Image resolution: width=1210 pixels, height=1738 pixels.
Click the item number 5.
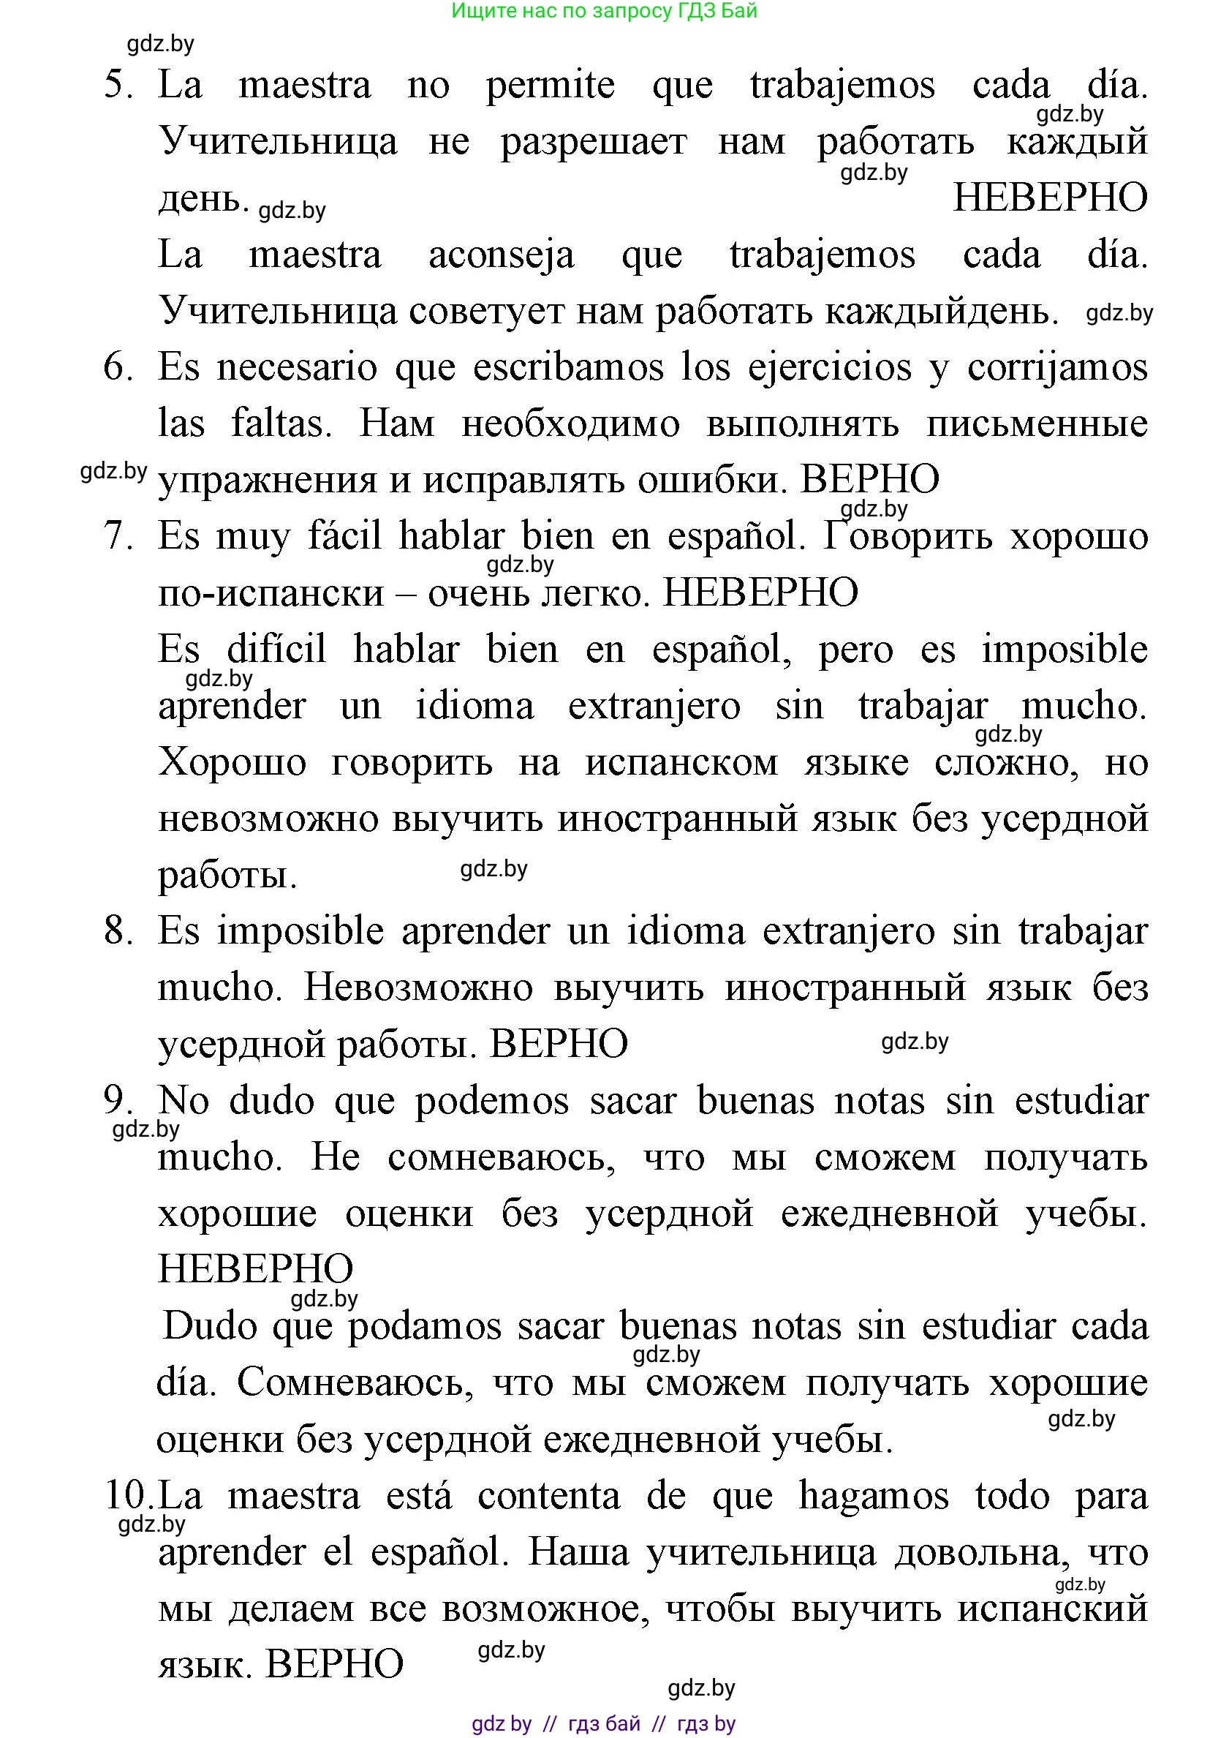point(118,85)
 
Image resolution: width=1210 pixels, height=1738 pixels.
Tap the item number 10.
point(128,1495)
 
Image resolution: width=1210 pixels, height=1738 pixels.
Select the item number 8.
point(118,930)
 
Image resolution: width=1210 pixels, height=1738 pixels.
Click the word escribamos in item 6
point(568,368)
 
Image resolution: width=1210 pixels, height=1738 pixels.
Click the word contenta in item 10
point(548,1496)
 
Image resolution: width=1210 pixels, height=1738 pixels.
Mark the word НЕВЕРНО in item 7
point(760,592)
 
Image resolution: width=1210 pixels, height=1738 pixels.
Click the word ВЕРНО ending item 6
point(869,480)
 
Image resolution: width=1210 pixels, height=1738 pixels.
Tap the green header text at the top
point(604,10)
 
